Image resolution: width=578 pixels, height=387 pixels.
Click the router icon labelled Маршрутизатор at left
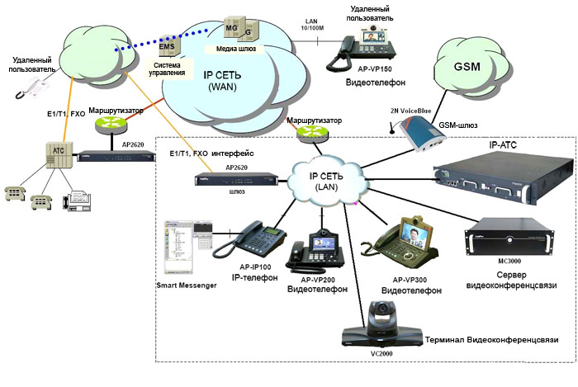110,124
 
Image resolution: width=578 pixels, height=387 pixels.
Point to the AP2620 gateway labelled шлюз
235,179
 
